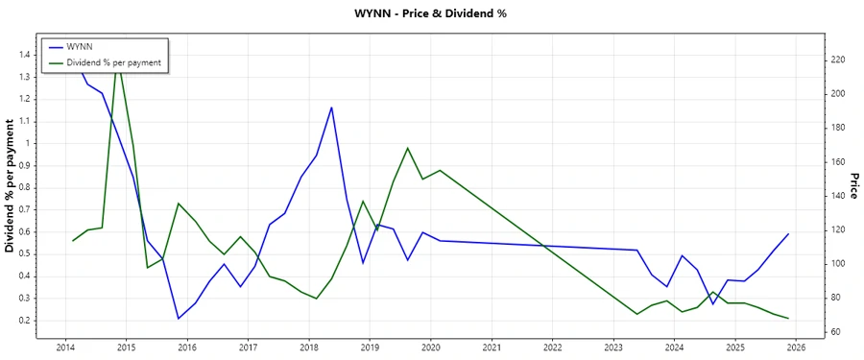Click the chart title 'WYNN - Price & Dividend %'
tap(432, 14)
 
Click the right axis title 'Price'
tap(853, 186)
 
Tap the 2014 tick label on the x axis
tap(65, 348)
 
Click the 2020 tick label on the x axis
tap(430, 348)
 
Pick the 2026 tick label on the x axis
tap(796, 348)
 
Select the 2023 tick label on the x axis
tap(612, 348)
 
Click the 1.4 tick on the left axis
tap(25, 55)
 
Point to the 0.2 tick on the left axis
tap(25, 321)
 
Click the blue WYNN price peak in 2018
tap(331, 108)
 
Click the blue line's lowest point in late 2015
tap(178, 318)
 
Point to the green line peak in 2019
tap(407, 148)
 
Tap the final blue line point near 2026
tap(788, 234)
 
